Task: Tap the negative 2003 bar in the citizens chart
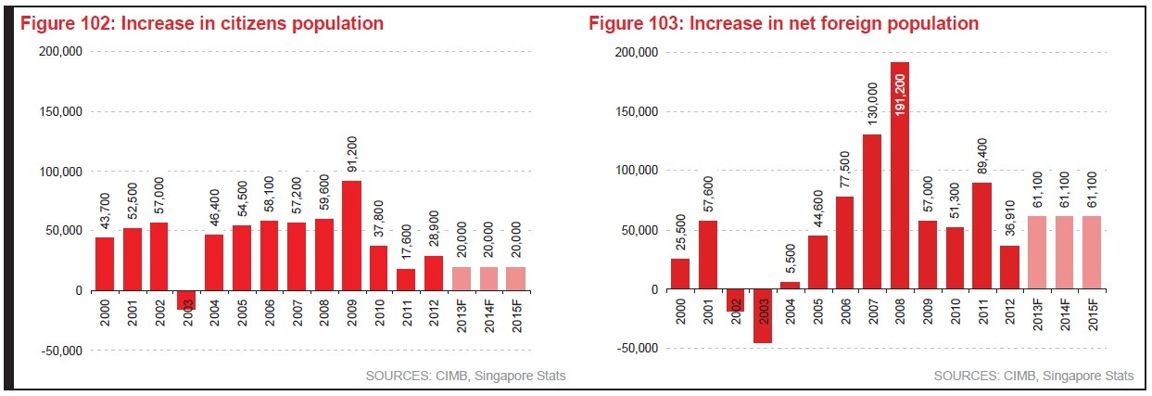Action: coord(185,300)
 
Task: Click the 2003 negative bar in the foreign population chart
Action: coord(761,316)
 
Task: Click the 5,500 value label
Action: coord(789,260)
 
